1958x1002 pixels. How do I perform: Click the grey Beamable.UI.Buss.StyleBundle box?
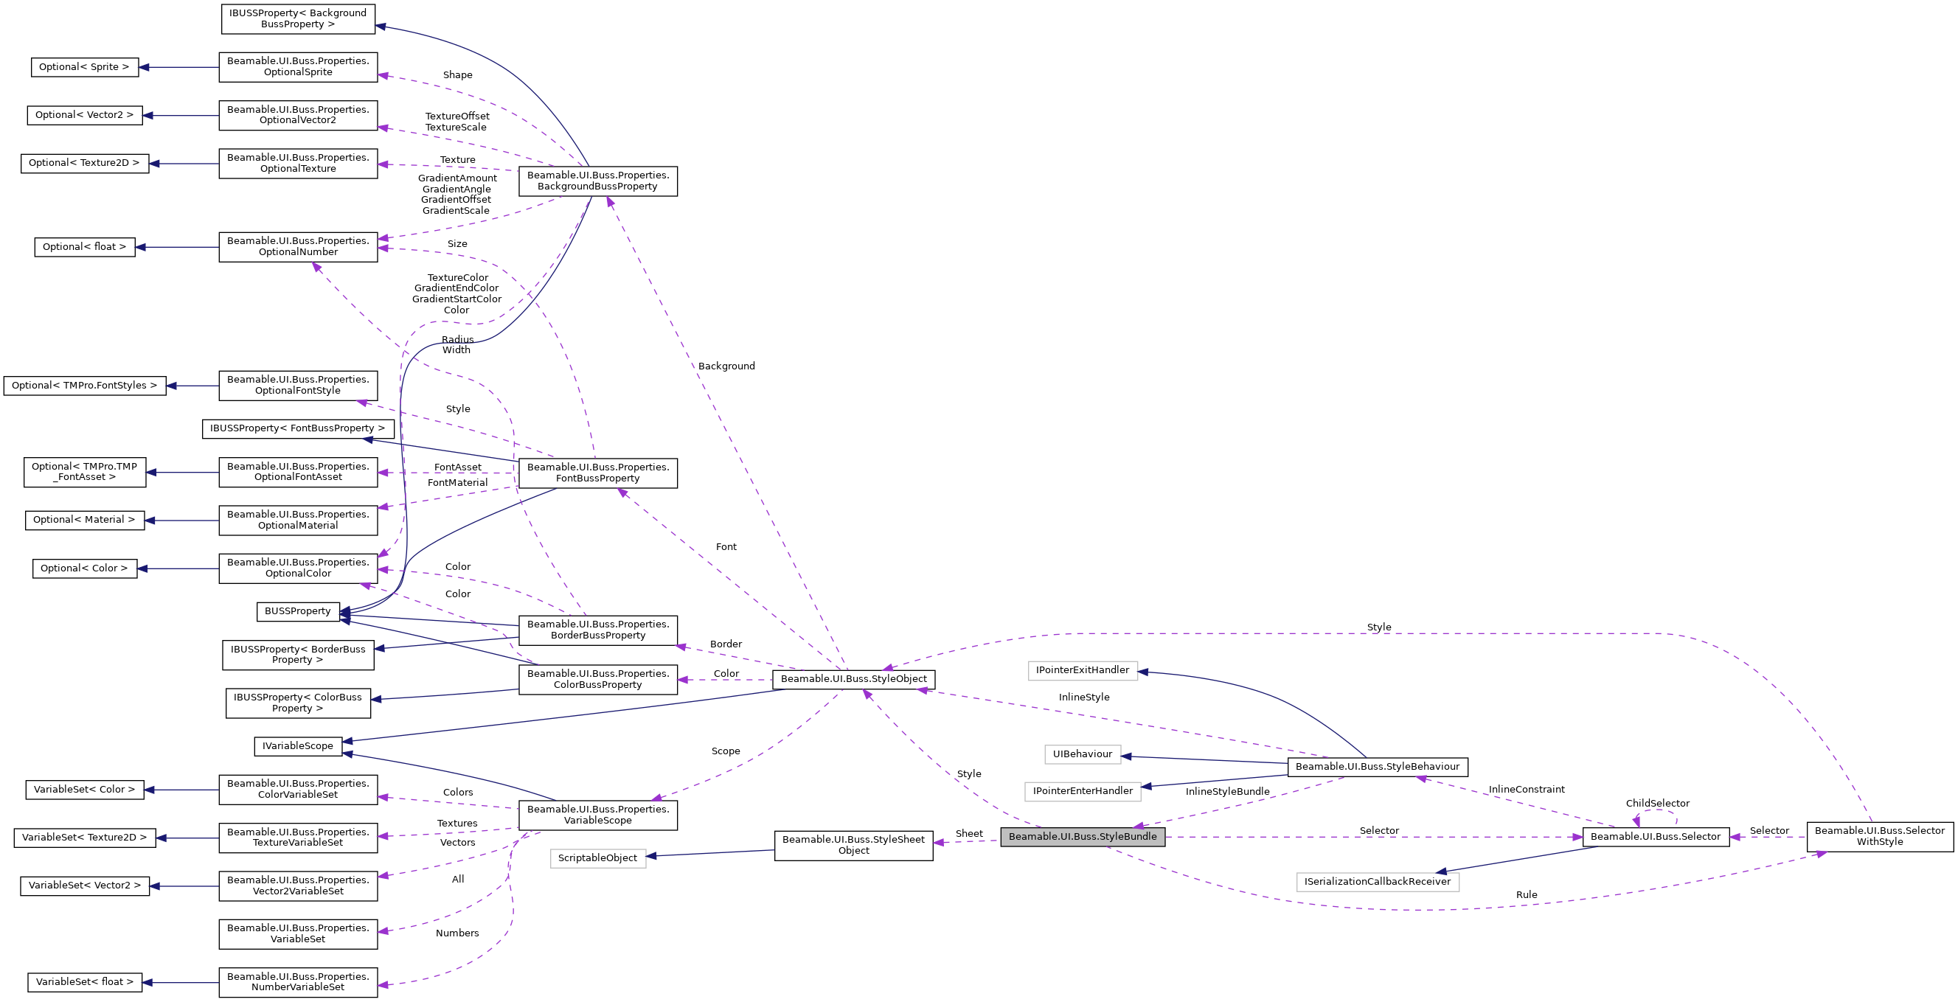click(x=1083, y=836)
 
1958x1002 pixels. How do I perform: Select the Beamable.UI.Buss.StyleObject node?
click(x=853, y=678)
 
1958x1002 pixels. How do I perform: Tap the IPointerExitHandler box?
click(x=1083, y=670)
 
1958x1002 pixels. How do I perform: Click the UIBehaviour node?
click(x=1083, y=754)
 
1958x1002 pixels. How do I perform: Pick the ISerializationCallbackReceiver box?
click(x=1378, y=882)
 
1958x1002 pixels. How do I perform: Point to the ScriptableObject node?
click(x=597, y=858)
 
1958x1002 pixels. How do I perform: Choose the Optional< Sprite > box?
click(x=84, y=67)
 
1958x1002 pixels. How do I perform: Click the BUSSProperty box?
click(x=298, y=610)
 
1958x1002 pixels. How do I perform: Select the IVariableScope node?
click(x=298, y=746)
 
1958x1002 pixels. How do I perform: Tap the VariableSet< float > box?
click(x=84, y=981)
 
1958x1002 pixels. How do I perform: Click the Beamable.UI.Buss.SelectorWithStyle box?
click(x=1880, y=836)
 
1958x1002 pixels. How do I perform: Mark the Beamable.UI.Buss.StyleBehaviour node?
click(x=1378, y=767)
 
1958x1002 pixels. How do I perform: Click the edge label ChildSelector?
click(x=1657, y=803)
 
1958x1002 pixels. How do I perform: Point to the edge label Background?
click(x=726, y=366)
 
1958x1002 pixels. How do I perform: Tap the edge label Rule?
click(x=1527, y=895)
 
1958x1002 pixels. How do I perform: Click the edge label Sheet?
click(x=969, y=833)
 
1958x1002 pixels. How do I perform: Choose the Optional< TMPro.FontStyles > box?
click(x=84, y=385)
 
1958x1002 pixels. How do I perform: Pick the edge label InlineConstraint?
click(x=1527, y=790)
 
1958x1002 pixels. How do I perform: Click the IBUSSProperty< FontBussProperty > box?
click(x=298, y=428)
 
